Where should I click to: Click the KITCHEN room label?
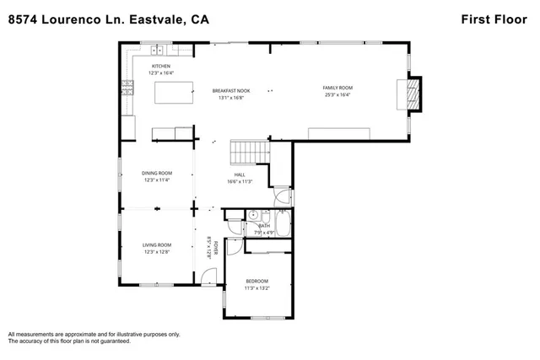tap(161, 66)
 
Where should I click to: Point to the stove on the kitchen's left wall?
tap(127, 84)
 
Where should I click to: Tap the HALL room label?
tap(240, 175)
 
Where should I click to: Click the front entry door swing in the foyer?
tap(209, 277)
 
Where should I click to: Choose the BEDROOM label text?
tap(256, 281)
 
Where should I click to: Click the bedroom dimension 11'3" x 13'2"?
tap(256, 287)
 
